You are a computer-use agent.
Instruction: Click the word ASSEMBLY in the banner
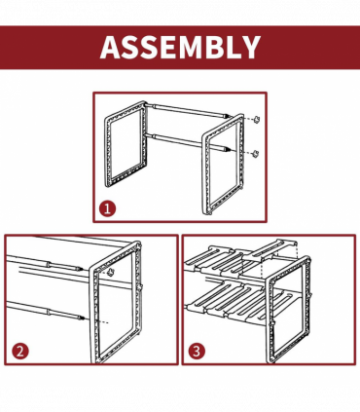click(x=180, y=47)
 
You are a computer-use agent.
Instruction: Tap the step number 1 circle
click(x=107, y=208)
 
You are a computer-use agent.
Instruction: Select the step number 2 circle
click(x=20, y=352)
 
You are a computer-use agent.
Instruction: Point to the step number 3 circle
click(x=197, y=351)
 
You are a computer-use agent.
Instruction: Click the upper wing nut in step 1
click(x=258, y=119)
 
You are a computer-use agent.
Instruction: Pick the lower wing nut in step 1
click(x=256, y=153)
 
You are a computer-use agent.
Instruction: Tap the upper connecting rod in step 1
click(x=187, y=110)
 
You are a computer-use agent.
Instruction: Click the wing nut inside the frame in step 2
click(x=112, y=272)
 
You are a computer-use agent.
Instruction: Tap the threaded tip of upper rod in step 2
click(x=80, y=269)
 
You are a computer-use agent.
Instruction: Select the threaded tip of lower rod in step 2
click(x=82, y=318)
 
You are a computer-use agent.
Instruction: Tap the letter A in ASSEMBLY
click(x=110, y=47)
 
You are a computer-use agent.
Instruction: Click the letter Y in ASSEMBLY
click(x=250, y=47)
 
